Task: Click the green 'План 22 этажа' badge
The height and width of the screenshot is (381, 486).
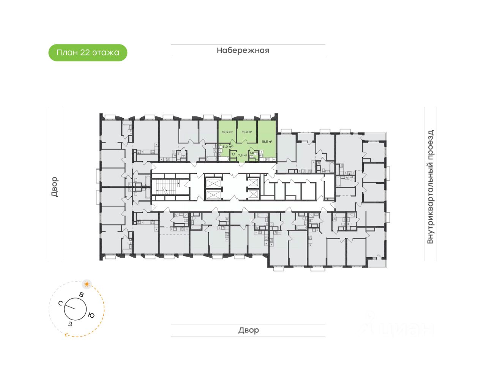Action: [x=88, y=52]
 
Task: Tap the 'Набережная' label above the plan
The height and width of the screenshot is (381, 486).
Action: [x=243, y=50]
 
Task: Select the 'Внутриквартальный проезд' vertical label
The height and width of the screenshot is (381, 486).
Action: [x=430, y=187]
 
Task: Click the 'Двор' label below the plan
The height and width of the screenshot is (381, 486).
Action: [x=248, y=330]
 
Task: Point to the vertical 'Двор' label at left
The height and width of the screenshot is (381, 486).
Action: [x=55, y=187]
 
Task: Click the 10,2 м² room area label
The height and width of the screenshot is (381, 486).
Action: [x=227, y=132]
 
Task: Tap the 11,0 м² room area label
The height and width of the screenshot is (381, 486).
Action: [x=247, y=132]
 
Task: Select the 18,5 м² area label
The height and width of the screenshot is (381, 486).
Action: [x=267, y=142]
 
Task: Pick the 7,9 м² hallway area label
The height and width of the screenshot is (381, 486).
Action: [x=242, y=155]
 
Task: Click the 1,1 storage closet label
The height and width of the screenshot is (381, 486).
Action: [x=233, y=154]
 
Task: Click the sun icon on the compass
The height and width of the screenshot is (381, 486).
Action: [x=87, y=284]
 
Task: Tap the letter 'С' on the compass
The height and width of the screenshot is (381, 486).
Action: [x=60, y=303]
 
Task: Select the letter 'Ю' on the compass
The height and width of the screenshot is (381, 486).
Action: [x=91, y=315]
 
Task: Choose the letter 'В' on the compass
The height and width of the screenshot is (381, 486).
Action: [x=81, y=294]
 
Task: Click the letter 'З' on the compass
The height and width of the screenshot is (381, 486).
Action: [x=70, y=324]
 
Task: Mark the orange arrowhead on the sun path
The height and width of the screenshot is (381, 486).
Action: [x=67, y=335]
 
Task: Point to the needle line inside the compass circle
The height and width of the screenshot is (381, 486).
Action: [x=70, y=307]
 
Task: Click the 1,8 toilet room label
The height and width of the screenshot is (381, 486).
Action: [x=252, y=153]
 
